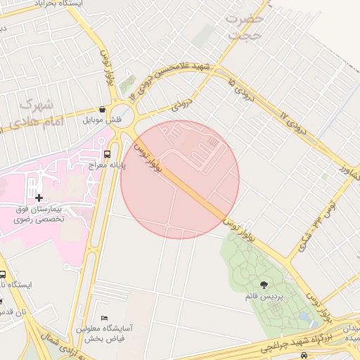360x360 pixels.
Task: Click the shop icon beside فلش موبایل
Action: tap(103, 110)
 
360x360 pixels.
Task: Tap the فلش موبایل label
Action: tap(103, 120)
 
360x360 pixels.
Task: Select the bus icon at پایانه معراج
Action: tap(107, 154)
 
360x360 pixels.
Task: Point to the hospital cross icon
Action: tap(38, 198)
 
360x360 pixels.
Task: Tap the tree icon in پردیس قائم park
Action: tap(264, 285)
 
